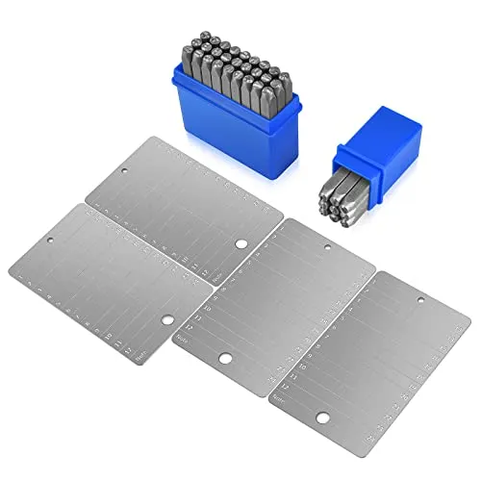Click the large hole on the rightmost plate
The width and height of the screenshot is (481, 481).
[x=323, y=418]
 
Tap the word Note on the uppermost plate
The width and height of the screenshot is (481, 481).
[x=219, y=278]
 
